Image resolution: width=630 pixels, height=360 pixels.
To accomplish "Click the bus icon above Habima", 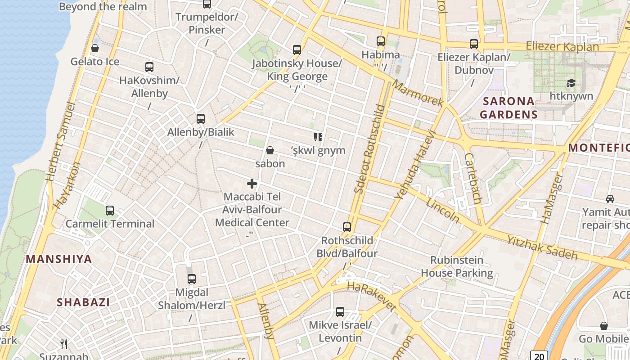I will pos(381,41).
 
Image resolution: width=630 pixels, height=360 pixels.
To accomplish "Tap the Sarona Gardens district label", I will pos(508,108).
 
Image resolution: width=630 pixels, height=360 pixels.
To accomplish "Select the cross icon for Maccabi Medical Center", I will pos(252,184).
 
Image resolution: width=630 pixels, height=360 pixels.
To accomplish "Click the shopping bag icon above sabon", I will pos(270,150).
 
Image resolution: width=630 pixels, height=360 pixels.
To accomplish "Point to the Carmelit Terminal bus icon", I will pos(110,210).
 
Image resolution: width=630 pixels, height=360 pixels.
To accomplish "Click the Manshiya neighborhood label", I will pos(59,259).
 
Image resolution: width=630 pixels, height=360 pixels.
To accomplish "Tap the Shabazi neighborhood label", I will pos(83,302).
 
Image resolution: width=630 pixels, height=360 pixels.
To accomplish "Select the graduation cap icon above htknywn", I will pos(571,83).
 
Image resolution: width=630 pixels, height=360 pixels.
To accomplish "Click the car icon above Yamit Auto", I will pos(610,198).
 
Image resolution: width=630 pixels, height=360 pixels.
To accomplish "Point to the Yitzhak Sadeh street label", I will pos(542,247).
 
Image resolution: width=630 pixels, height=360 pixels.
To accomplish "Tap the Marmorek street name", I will pos(417,94).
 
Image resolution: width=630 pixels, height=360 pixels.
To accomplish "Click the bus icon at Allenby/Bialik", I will pos(201,119).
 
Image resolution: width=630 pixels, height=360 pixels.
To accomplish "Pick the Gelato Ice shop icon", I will pos(95,48).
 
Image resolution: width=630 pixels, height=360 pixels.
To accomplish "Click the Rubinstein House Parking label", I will pos(457,266).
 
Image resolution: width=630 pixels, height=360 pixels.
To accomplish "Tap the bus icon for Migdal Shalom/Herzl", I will pos(192,279).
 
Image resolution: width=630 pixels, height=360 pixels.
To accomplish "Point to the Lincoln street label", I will pos(443,210).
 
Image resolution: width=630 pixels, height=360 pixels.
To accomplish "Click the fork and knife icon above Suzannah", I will pos(64,344).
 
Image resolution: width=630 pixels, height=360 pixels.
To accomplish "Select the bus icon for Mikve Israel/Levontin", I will pos(340,312).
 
